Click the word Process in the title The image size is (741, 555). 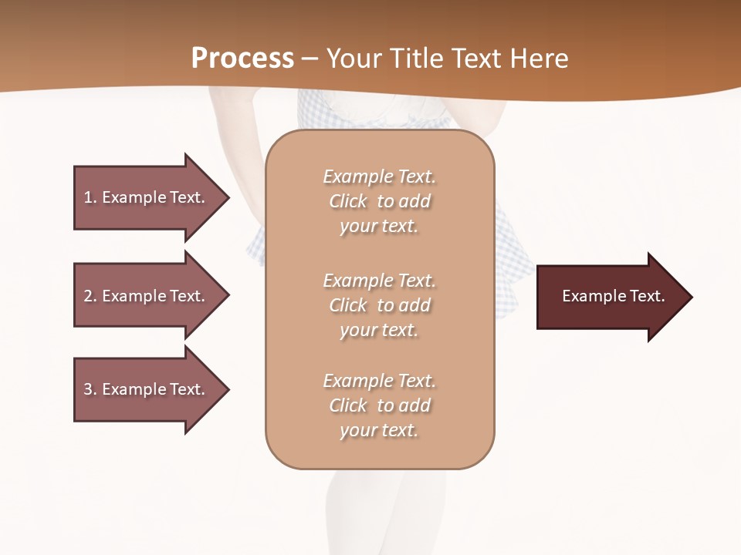click(242, 59)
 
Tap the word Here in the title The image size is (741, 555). click(538, 59)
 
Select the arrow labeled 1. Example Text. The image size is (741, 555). click(147, 197)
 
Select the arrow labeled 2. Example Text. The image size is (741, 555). click(147, 296)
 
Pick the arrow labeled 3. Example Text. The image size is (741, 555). click(147, 389)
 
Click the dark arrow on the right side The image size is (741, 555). click(610, 297)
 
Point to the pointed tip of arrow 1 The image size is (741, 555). click(227, 197)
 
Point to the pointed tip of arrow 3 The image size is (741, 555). click(227, 389)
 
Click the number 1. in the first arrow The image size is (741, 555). click(90, 197)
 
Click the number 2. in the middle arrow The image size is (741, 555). click(90, 296)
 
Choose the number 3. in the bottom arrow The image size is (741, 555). click(90, 389)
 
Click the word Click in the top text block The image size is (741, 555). click(348, 201)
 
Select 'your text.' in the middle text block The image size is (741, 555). click(379, 330)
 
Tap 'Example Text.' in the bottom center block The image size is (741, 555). click(379, 381)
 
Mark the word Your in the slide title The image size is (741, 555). click(352, 59)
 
